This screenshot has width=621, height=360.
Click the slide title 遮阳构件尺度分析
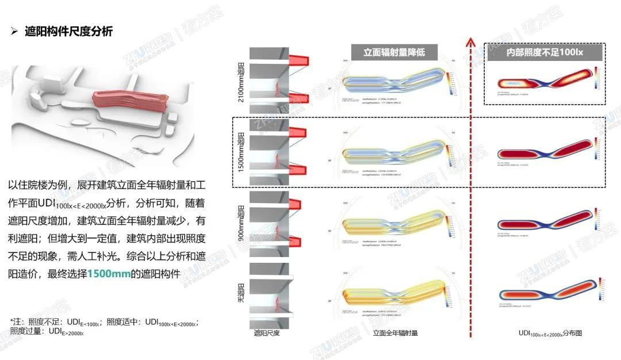[x=68, y=32]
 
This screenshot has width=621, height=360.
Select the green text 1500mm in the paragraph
[x=109, y=274]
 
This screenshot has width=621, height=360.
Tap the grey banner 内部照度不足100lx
[x=544, y=52]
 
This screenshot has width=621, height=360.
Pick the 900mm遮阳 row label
[x=241, y=222]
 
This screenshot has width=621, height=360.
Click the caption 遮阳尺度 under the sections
[x=267, y=333]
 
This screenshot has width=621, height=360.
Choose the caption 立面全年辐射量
[x=395, y=333]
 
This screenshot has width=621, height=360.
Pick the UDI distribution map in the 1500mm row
[x=543, y=153]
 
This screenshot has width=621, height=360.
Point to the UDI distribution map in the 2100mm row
[x=543, y=81]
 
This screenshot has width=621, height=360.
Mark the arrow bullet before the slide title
[x=15, y=32]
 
